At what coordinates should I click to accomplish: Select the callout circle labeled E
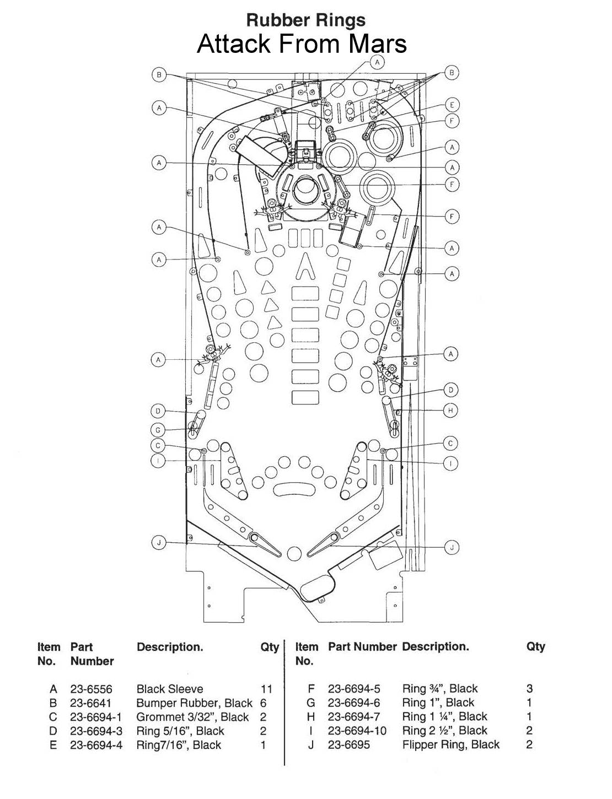coord(452,105)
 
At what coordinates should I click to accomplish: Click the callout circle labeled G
coord(158,430)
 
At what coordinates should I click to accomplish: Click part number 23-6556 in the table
coord(91,689)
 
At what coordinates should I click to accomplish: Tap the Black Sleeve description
coord(170,689)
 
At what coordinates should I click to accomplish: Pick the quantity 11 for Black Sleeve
coord(266,689)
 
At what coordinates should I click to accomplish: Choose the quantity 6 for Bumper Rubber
coord(263,703)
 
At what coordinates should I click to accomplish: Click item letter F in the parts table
coord(311,688)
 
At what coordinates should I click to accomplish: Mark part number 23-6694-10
coord(357,731)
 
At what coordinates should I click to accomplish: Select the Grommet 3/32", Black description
coord(192,717)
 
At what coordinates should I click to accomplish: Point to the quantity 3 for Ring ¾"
coord(529,688)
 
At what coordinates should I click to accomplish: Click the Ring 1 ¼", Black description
coord(444,716)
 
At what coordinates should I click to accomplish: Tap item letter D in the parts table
coord(53,731)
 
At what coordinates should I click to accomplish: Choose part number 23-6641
coord(90,703)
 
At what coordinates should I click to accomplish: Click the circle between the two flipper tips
coord(294,553)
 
